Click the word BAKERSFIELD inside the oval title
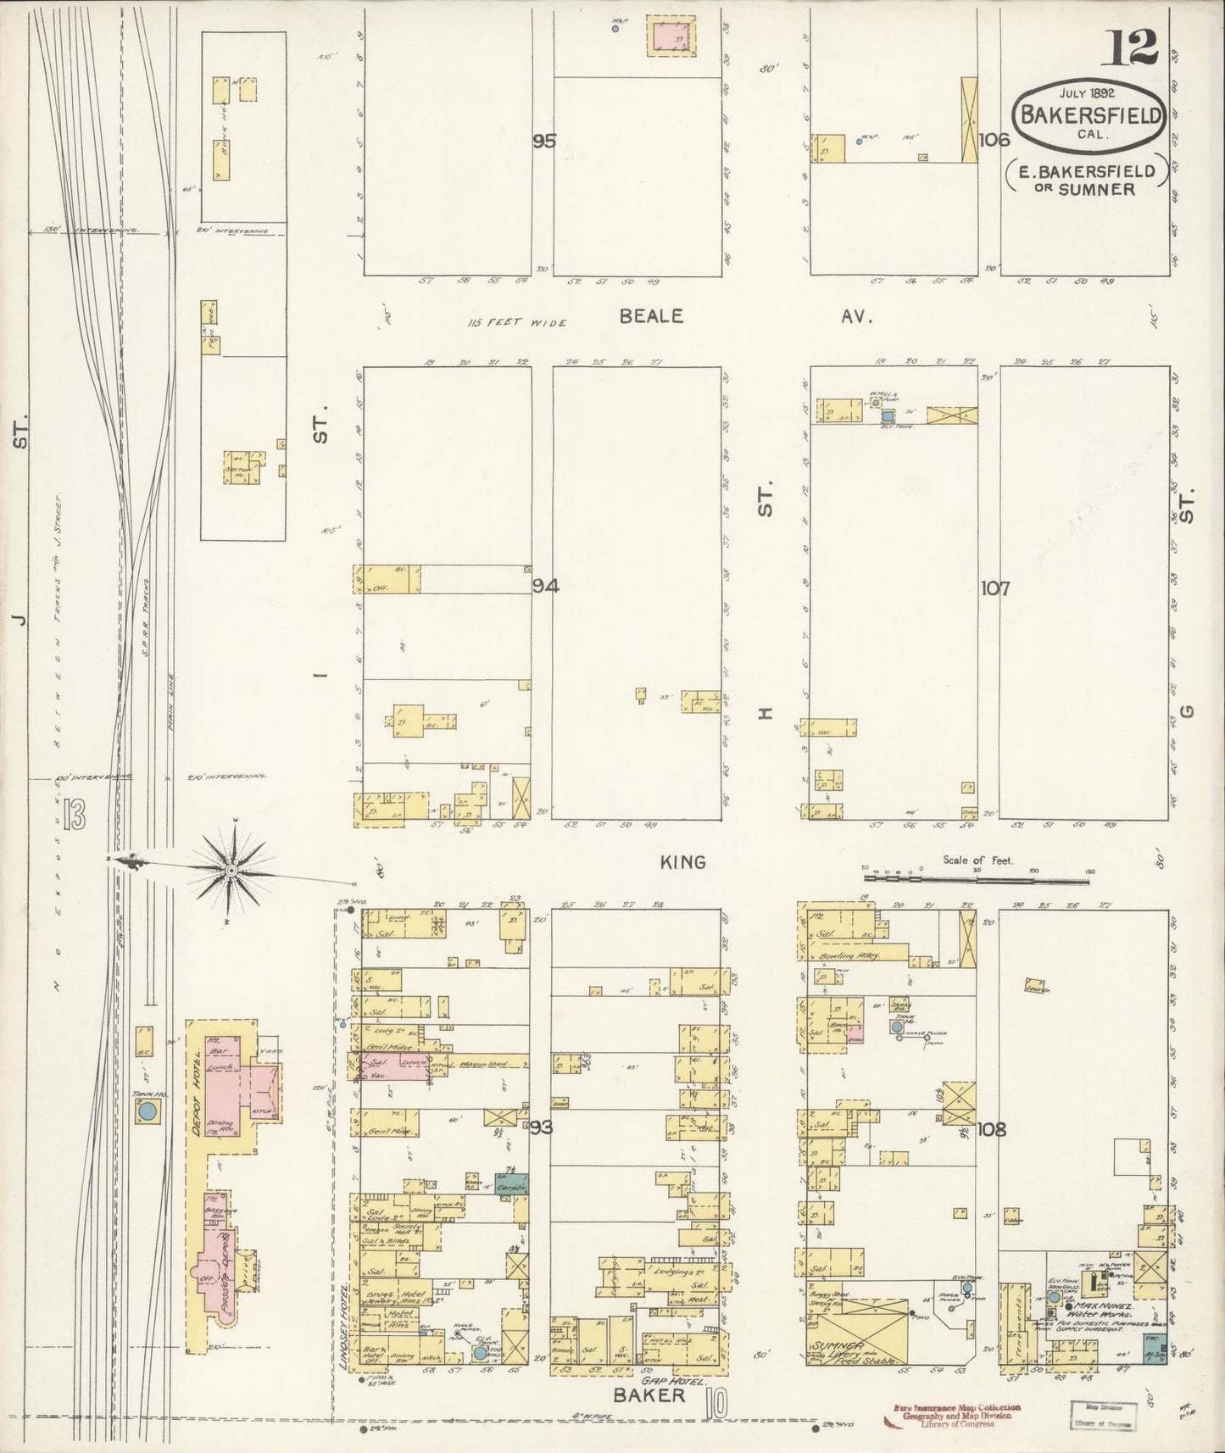click(1090, 114)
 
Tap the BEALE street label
click(650, 316)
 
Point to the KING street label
click(682, 862)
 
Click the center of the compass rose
click(231, 870)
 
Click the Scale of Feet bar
click(975, 881)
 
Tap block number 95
click(544, 141)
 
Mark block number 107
click(994, 587)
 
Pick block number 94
click(545, 586)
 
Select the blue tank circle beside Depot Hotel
click(148, 1111)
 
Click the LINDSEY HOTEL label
click(344, 1333)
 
